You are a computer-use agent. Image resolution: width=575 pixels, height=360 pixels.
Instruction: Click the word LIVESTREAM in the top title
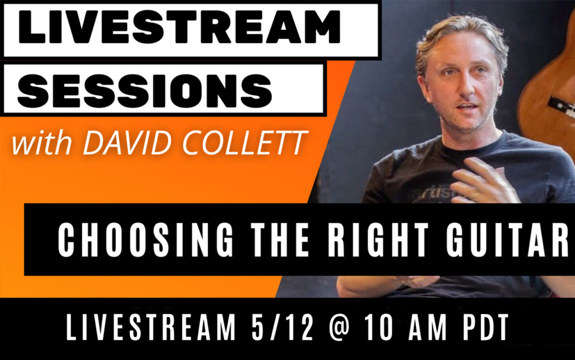coord(179,28)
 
